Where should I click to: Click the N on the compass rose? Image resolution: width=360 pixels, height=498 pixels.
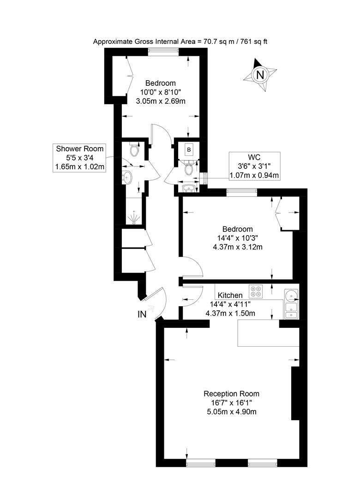pos(260,75)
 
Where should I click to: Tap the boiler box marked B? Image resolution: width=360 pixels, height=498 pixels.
pos(189,149)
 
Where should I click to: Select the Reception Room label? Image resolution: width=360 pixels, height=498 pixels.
pos(232,394)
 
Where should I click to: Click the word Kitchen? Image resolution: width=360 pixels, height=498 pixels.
pos(230,296)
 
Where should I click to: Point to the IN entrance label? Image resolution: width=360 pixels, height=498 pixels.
pos(142,314)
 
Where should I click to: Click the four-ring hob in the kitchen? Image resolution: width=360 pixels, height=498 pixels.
pos(256,291)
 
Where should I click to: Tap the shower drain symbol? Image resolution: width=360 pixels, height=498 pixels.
pos(133,219)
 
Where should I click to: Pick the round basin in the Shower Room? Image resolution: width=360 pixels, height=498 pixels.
pos(127,178)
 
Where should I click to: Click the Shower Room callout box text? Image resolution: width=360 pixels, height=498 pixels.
pos(79,158)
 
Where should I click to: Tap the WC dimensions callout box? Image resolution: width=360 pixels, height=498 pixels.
pos(254,166)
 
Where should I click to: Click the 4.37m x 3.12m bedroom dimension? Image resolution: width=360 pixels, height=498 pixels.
pos(238,247)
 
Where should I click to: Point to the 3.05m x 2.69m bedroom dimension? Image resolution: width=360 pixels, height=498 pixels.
pos(161,101)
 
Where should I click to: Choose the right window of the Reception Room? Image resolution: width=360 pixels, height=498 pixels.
pos(262,463)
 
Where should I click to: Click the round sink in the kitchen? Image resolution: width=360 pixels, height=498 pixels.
pos(291,296)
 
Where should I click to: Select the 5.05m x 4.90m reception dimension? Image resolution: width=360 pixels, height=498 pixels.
pos(232,412)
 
